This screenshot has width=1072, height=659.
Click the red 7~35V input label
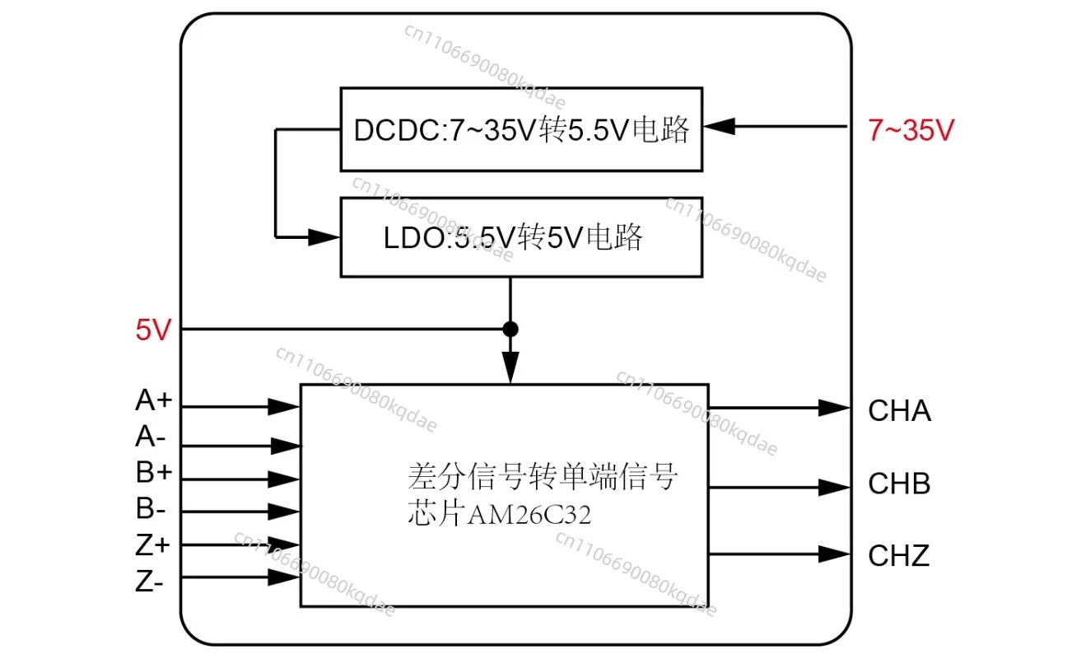(x=911, y=130)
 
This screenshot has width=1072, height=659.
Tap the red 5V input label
(x=153, y=329)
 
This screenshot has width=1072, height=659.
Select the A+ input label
(x=153, y=400)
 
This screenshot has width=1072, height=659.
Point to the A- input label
(x=151, y=437)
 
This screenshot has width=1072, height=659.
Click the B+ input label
(x=154, y=472)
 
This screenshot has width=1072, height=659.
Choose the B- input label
(x=151, y=507)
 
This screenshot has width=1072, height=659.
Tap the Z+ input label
(x=152, y=545)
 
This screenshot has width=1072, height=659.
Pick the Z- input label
(x=149, y=582)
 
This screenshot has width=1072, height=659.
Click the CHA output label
(x=900, y=411)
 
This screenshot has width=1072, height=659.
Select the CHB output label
(x=900, y=484)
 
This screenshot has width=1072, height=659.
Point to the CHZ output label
(x=899, y=555)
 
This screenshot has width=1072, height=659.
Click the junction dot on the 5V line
(x=510, y=329)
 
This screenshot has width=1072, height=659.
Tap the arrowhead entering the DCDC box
(x=720, y=126)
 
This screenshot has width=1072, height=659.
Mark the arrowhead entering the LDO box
(x=324, y=237)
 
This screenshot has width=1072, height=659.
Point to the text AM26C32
(x=529, y=516)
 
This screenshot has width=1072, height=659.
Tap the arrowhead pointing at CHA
(x=834, y=408)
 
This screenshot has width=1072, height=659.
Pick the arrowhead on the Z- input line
(x=284, y=577)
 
